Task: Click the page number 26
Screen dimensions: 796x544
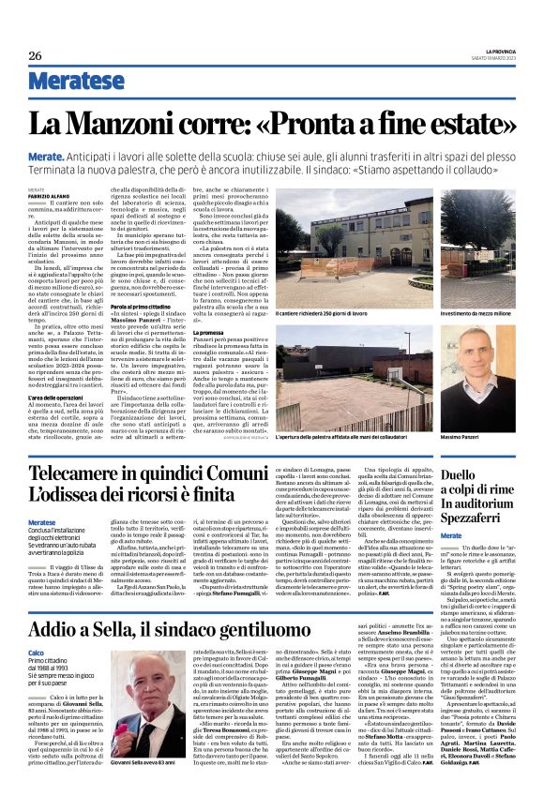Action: pyautogui.click(x=35, y=56)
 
